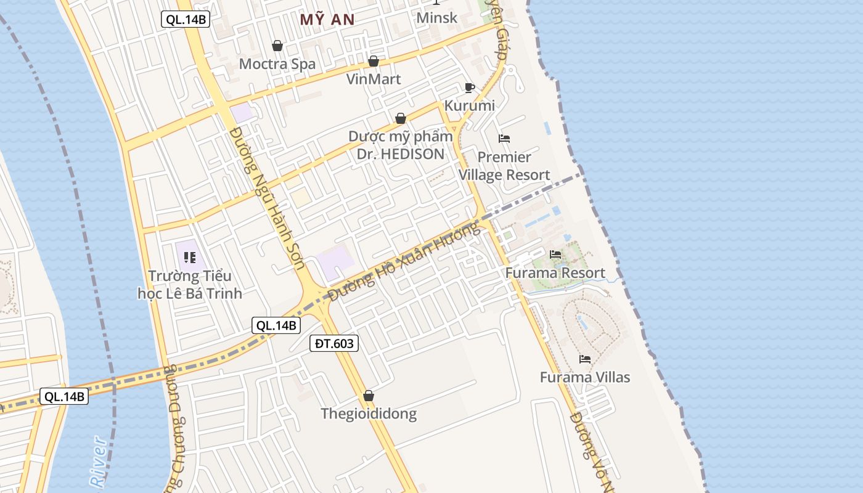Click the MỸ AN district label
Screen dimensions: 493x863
[x=327, y=20]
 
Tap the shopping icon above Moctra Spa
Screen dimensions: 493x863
[x=277, y=46]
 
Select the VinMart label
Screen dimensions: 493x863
[x=374, y=79]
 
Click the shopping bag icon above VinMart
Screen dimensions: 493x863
[x=373, y=61]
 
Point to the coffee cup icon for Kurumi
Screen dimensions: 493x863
[x=470, y=88]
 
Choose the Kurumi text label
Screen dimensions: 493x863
[x=470, y=105]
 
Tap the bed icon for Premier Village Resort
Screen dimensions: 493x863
[x=504, y=139]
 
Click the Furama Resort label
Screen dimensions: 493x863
[x=555, y=272]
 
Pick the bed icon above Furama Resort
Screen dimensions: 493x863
[x=555, y=254]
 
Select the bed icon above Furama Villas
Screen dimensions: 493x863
[x=585, y=359]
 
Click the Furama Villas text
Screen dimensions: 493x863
[x=585, y=377]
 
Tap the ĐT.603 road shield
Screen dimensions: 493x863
[x=333, y=343]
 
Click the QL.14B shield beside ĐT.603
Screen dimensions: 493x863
[x=276, y=325]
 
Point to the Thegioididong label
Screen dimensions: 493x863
[x=369, y=414]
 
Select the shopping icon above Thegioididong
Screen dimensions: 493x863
[x=369, y=396]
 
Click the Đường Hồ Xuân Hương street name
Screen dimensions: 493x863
[x=404, y=262]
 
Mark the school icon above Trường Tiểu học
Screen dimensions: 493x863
[x=190, y=257]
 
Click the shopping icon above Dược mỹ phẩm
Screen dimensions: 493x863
[x=401, y=118]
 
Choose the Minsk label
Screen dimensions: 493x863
[x=437, y=17]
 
